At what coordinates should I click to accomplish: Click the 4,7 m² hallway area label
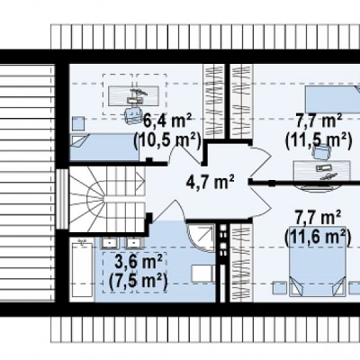pos(210,182)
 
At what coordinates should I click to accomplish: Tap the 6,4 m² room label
pos(167,121)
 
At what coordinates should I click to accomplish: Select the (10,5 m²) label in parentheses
pos(166,140)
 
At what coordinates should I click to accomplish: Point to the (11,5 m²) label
pos(319,140)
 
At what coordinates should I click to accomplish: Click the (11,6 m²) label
pos(318,236)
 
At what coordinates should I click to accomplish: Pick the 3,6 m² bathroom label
pos(139,261)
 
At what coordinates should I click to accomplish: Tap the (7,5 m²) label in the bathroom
pos(138,280)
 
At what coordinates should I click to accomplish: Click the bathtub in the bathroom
pos(82,271)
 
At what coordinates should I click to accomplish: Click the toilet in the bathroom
pos(203,274)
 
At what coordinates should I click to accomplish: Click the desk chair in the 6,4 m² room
pos(134,114)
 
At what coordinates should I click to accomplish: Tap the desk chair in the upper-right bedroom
pos(321,151)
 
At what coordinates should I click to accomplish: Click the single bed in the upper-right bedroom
pos(333,98)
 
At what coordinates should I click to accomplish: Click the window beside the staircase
pos(62,199)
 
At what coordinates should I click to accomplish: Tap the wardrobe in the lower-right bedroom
pos(242,263)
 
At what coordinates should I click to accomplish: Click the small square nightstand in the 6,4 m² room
pos(78,124)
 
